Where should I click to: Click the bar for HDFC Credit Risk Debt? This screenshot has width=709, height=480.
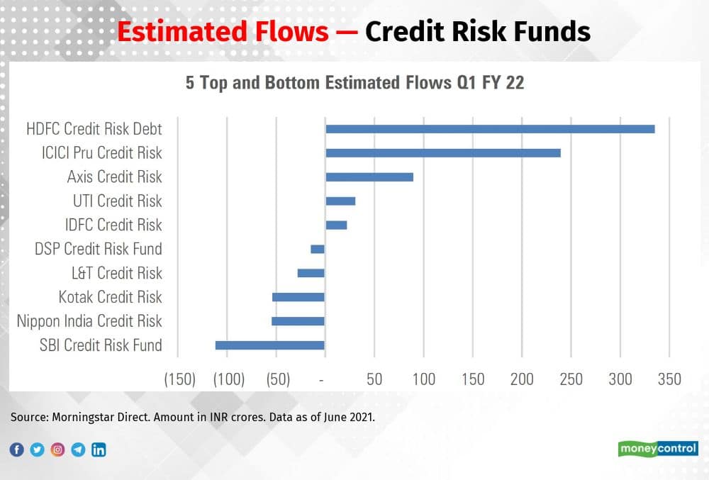[x=490, y=129]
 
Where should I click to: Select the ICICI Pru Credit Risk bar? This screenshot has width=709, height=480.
[x=443, y=153]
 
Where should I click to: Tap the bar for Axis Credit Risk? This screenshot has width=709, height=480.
[x=369, y=177]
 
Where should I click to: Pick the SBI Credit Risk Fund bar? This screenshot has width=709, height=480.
[x=270, y=345]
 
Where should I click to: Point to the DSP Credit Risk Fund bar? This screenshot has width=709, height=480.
[x=318, y=249]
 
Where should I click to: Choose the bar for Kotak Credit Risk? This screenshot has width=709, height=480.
[x=298, y=297]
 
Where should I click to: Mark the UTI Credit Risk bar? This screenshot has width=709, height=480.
[x=340, y=201]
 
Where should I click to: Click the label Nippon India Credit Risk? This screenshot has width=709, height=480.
[x=89, y=321]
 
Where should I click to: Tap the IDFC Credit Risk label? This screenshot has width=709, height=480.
[x=113, y=225]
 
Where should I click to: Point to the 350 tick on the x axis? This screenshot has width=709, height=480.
[x=669, y=379]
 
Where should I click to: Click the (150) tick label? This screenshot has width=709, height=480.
[x=179, y=379]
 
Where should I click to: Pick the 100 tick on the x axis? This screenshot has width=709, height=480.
[x=423, y=379]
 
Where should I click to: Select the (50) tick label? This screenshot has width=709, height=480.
[x=277, y=379]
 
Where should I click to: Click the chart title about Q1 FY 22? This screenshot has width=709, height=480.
[x=354, y=83]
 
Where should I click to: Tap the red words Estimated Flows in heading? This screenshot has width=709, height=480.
[x=223, y=33]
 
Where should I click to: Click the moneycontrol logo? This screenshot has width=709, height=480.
[x=658, y=449]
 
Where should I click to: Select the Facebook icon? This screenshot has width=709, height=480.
[x=17, y=450]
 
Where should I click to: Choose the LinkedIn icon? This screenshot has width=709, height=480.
[x=99, y=450]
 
